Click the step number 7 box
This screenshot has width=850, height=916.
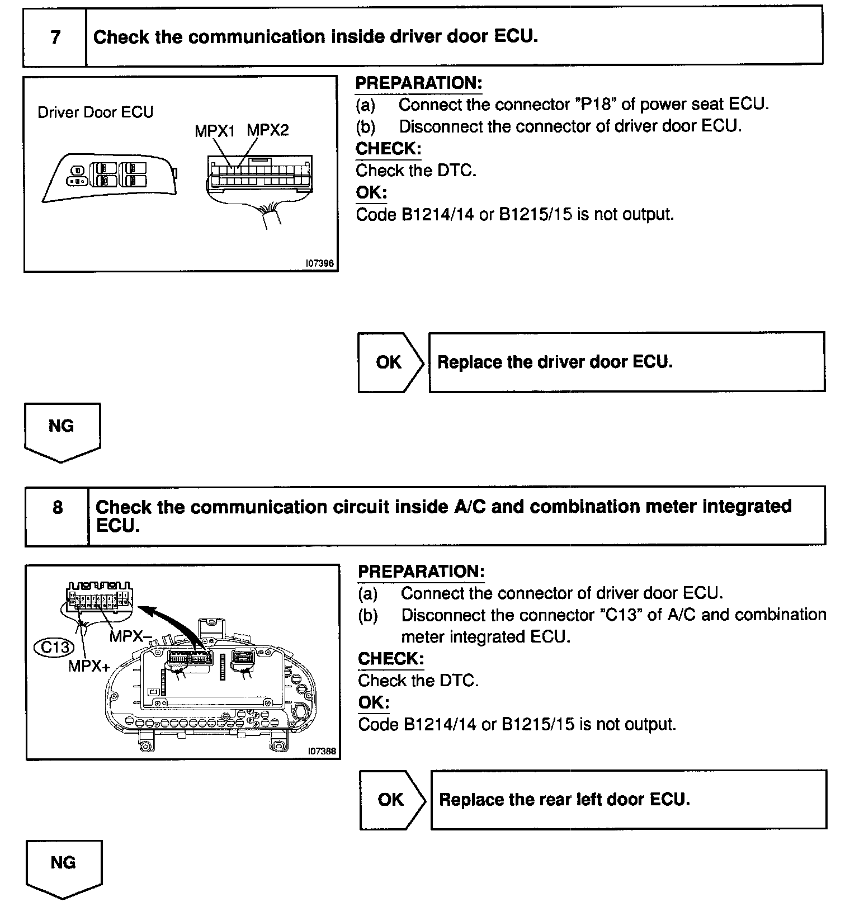55,37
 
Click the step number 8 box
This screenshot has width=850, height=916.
57,508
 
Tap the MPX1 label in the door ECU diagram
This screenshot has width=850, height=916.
215,131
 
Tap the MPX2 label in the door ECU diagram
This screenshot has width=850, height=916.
268,130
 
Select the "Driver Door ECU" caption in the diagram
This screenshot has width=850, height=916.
95,112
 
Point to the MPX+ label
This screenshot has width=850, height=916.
88,665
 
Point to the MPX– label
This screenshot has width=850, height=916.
131,636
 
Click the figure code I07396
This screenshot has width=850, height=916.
320,263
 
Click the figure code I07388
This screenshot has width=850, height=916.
322,751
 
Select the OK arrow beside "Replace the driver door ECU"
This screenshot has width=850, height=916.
390,362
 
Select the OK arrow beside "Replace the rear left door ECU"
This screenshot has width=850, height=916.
391,800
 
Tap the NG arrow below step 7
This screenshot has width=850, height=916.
62,431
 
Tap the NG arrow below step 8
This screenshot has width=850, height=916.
63,867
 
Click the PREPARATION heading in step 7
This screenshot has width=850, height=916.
418,83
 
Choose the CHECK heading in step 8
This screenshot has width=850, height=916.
390,659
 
